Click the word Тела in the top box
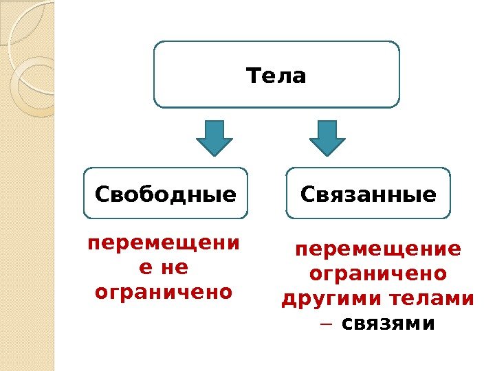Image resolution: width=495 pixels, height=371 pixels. [x=276, y=75]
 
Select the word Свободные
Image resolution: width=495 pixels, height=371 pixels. [x=165, y=194]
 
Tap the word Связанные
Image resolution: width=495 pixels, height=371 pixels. [x=368, y=194]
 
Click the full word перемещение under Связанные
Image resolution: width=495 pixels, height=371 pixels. [x=378, y=249]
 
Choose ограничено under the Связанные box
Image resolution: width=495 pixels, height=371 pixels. [x=378, y=274]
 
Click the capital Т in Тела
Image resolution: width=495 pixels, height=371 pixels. [x=252, y=75]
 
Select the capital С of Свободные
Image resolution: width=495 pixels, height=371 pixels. [x=102, y=194]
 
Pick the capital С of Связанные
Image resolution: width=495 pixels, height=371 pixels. [x=308, y=194]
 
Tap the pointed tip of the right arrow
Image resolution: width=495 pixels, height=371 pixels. [x=328, y=155]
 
